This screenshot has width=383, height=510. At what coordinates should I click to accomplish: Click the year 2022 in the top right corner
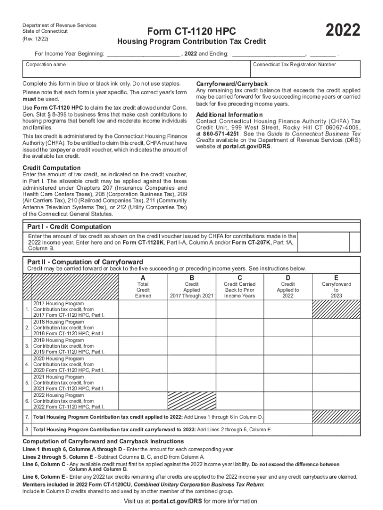[343, 30]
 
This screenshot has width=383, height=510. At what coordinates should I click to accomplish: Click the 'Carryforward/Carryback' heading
[232, 83]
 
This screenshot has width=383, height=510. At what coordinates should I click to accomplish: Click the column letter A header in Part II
[143, 277]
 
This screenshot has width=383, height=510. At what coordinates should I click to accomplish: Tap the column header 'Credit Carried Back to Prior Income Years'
[240, 290]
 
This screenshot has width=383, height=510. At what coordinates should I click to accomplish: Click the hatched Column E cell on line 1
[336, 309]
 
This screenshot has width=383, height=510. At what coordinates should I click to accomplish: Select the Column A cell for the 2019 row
[143, 346]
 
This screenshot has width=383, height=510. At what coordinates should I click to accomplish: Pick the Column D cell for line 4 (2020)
[287, 364]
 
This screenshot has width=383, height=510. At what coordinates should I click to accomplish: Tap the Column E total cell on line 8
[336, 429]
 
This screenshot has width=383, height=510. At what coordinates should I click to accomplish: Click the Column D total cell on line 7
[287, 416]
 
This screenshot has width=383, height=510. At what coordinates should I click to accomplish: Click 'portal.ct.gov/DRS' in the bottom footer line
[177, 501]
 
